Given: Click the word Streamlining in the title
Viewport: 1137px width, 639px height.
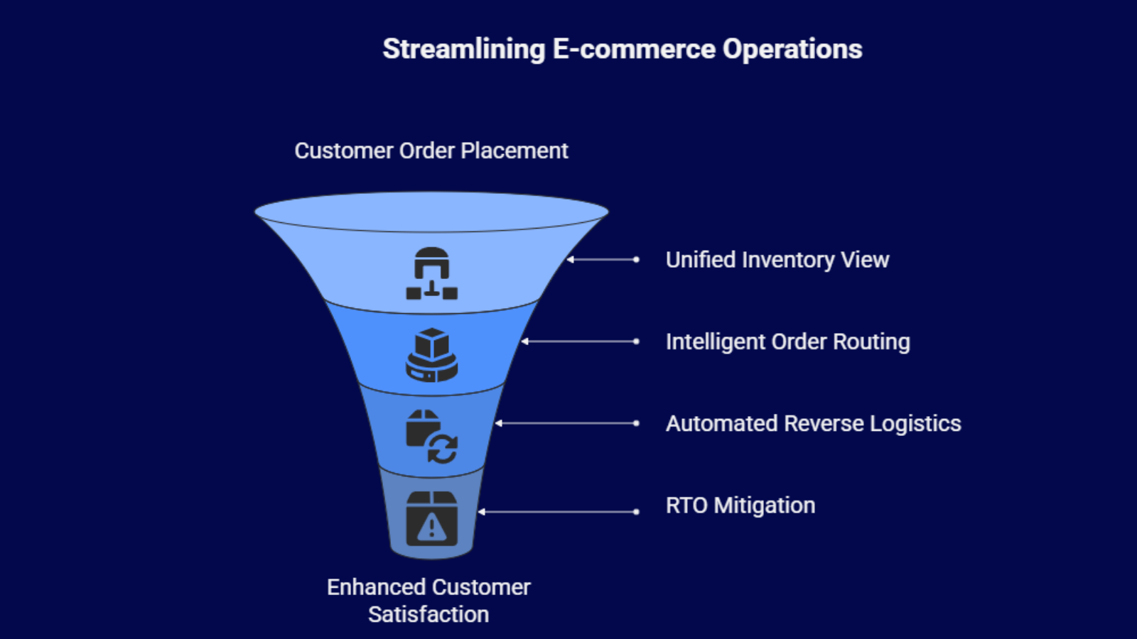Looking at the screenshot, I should pyautogui.click(x=463, y=50).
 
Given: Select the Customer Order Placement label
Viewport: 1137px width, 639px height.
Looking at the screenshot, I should pyautogui.click(x=431, y=151).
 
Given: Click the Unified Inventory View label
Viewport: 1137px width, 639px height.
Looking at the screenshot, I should pyautogui.click(x=777, y=260).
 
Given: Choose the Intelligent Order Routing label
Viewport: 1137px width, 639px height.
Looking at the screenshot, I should pyautogui.click(x=787, y=342).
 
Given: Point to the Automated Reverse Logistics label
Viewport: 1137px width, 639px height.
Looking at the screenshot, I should pyautogui.click(x=813, y=424).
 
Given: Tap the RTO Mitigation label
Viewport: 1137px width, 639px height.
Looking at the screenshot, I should pyautogui.click(x=740, y=506).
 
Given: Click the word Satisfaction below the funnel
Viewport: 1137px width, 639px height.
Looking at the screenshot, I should pyautogui.click(x=429, y=614).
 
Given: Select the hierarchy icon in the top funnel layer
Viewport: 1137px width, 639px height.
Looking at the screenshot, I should pyautogui.click(x=431, y=273).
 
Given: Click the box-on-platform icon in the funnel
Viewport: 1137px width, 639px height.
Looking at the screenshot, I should pyautogui.click(x=431, y=355).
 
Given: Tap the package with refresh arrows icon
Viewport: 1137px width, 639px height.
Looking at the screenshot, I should pyautogui.click(x=431, y=436).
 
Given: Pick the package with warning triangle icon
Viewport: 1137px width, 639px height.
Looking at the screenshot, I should pyautogui.click(x=431, y=518).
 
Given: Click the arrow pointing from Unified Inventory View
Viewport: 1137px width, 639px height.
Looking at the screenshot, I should pyautogui.click(x=603, y=260).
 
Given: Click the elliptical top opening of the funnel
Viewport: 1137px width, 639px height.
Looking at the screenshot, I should pyautogui.click(x=431, y=212).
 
